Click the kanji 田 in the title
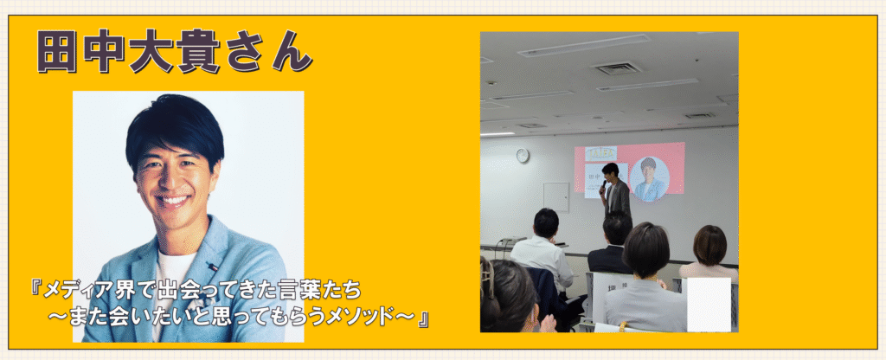56,52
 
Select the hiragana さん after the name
266,52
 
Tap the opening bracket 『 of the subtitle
36,290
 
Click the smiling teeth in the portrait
174,201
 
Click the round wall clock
523,155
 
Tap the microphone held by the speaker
603,184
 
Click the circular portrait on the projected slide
649,177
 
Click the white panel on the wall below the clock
556,196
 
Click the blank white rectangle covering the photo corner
709,304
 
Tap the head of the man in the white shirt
546,222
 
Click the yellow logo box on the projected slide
600,152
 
